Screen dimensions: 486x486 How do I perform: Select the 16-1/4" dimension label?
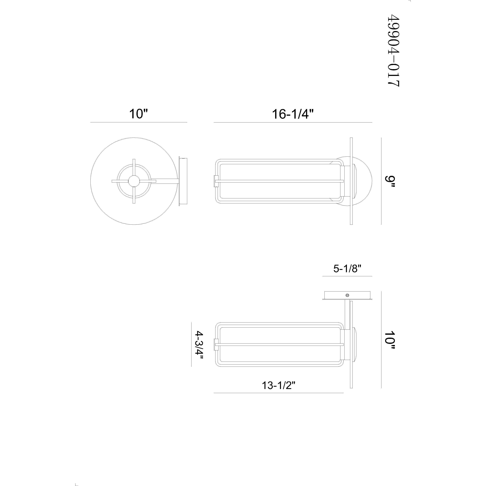[293, 114]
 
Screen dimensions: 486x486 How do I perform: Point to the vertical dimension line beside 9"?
[381, 181]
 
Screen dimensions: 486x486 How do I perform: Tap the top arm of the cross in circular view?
[134, 167]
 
